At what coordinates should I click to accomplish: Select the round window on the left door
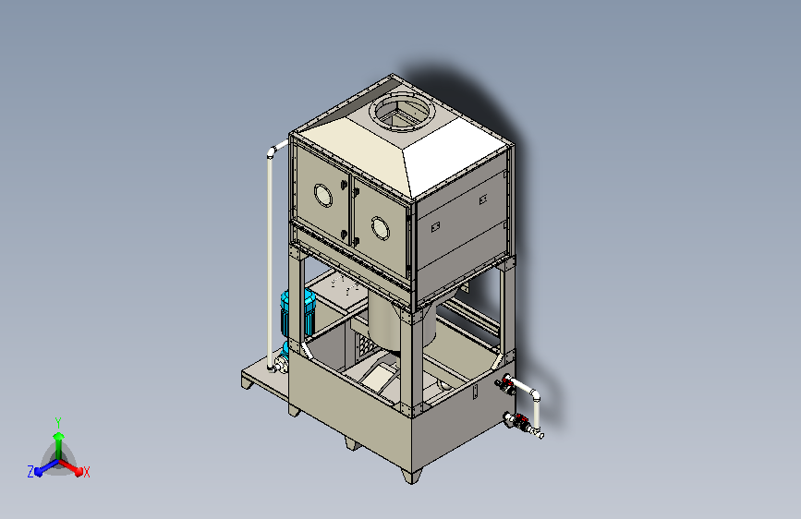[x=322, y=195]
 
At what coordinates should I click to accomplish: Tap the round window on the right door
[x=380, y=228]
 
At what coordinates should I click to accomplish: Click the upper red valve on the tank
[x=506, y=382]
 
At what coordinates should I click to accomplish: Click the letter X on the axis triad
[x=86, y=472]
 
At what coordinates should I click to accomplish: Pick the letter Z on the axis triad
[x=30, y=472]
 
